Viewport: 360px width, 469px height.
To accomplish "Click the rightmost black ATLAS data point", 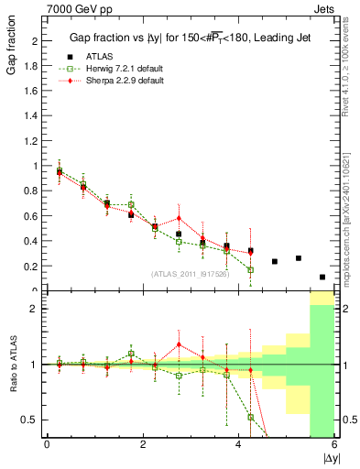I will coord(322,277).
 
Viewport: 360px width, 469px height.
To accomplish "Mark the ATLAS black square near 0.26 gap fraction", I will coord(299,258).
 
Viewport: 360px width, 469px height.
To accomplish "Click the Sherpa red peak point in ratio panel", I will coord(179,344).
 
